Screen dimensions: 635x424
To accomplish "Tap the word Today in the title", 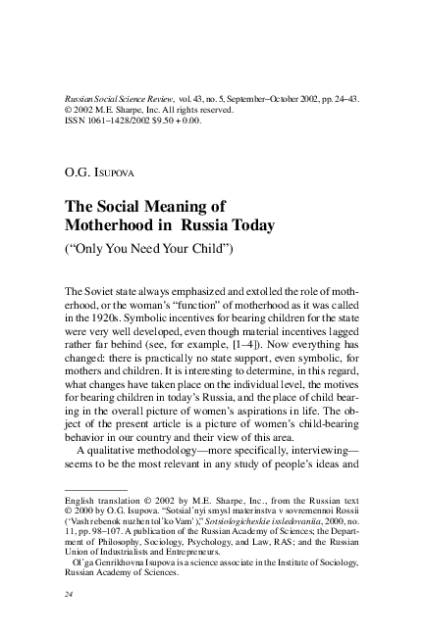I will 246,225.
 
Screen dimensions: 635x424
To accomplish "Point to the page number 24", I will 68,594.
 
